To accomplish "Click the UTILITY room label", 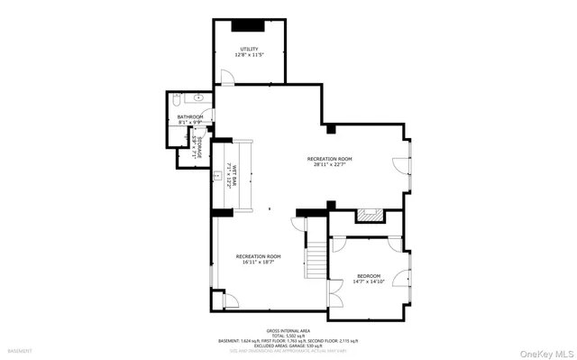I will click(250, 49).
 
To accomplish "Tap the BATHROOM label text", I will click(189, 116).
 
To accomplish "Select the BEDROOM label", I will click(368, 275).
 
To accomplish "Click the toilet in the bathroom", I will click(179, 98).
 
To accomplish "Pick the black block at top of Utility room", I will click(250, 26).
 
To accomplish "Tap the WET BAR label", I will click(233, 177).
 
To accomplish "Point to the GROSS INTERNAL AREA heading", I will click(288, 330).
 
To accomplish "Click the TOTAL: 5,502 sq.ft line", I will click(288, 336).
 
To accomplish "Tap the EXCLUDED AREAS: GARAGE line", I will click(288, 346).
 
